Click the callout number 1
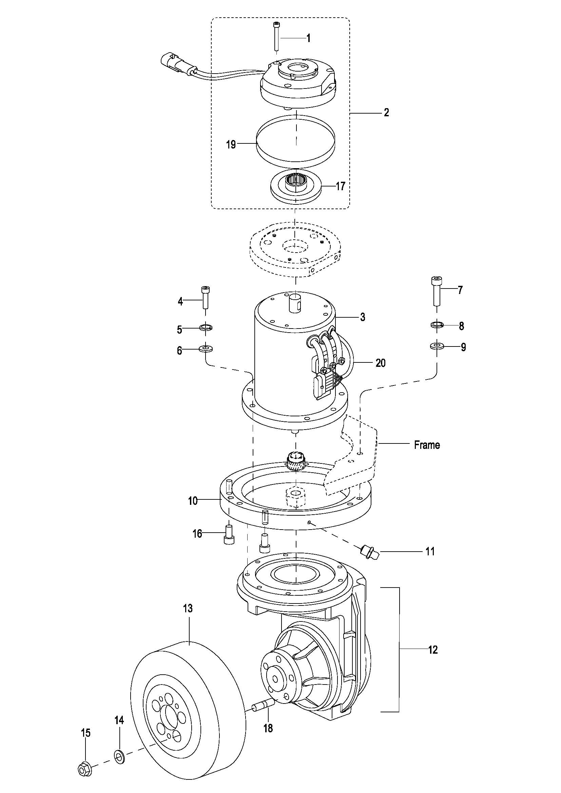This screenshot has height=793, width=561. tap(308, 38)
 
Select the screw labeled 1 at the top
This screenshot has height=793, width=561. tap(277, 36)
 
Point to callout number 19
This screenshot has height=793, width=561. tap(231, 144)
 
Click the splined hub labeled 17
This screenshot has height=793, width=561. tap(296, 187)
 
